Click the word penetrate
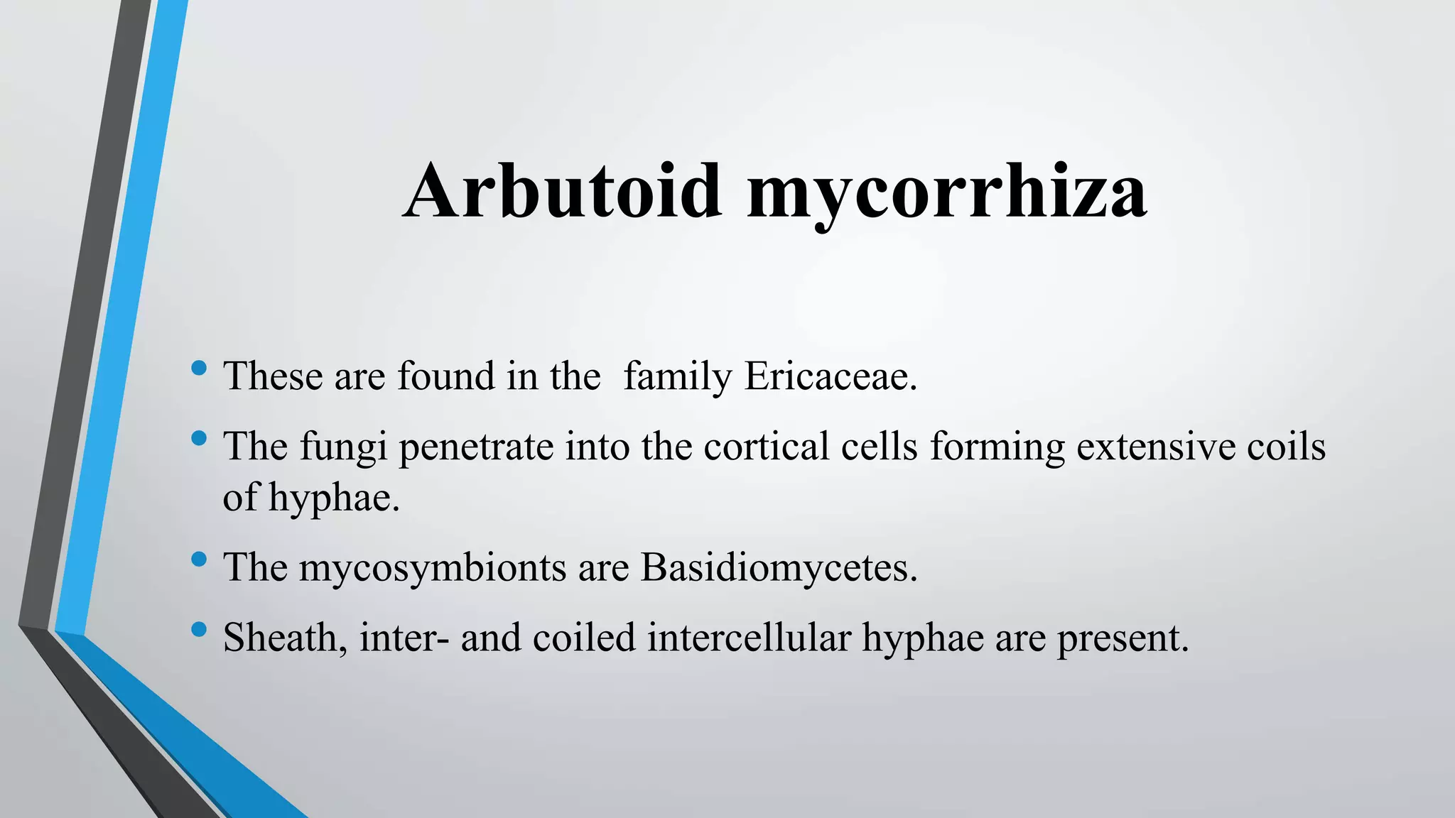476,447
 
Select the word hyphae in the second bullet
334,498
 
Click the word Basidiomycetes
779,567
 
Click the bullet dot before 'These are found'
199,368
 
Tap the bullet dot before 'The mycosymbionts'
199,560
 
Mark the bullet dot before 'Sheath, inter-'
199,629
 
